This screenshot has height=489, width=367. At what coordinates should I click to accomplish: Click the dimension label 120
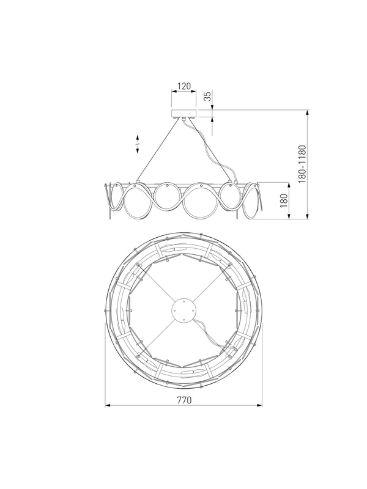(184, 86)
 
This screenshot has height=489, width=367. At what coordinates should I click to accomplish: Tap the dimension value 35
(207, 95)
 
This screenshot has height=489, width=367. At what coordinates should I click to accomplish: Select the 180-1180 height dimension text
(302, 164)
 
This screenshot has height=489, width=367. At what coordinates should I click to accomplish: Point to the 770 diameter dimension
(184, 400)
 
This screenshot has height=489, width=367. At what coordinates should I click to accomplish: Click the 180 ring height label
(284, 201)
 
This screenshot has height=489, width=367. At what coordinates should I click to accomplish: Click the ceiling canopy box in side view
(184, 114)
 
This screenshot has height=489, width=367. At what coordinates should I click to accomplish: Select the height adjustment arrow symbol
(137, 144)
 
